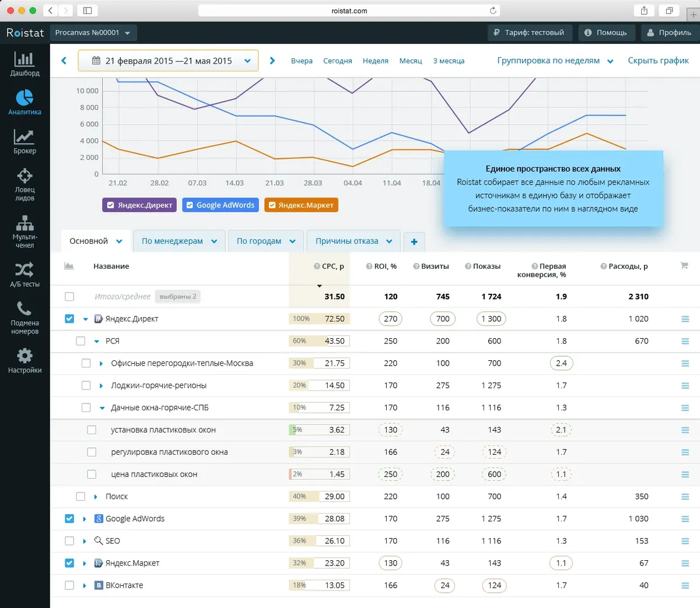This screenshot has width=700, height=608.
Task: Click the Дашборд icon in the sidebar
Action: (24, 60)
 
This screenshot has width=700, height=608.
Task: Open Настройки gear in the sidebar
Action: (24, 356)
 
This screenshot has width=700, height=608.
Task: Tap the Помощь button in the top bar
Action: (605, 33)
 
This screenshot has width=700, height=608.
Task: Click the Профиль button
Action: (669, 33)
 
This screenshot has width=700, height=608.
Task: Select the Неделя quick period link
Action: (375, 61)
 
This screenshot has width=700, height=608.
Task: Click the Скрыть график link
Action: (658, 61)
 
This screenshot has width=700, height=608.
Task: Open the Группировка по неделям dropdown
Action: (555, 61)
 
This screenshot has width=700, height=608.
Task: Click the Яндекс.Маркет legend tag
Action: (301, 205)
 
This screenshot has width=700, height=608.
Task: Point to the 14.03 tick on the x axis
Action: (235, 183)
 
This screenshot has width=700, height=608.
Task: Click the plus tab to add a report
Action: (414, 242)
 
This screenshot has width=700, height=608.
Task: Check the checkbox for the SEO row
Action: (69, 541)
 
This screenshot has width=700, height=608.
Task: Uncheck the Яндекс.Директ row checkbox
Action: (69, 319)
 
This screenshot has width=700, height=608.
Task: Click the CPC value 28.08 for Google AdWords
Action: (334, 519)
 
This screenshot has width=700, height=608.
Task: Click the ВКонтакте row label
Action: (124, 585)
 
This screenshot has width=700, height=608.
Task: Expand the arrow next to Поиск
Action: (96, 497)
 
